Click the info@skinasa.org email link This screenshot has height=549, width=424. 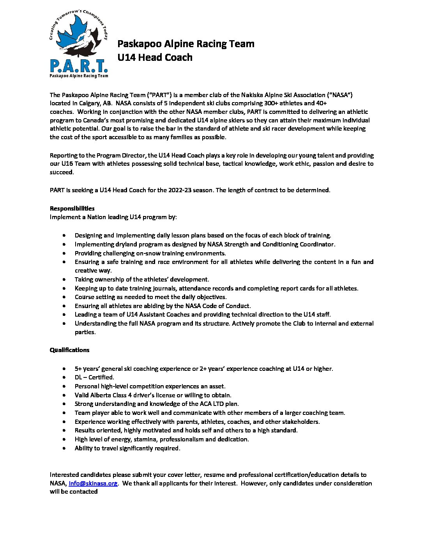coord(93,483)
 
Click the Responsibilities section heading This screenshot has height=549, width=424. coord(72,209)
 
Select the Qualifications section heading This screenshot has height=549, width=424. coord(69,350)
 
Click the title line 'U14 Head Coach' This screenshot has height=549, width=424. coord(155,57)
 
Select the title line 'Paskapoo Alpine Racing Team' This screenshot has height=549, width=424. coord(186,44)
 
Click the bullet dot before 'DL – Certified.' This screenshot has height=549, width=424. coord(64,377)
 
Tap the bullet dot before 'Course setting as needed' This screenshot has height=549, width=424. coord(64,297)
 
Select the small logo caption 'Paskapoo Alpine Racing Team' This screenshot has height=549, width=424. coord(79,76)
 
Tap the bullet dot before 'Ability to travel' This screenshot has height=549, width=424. coord(64,448)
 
